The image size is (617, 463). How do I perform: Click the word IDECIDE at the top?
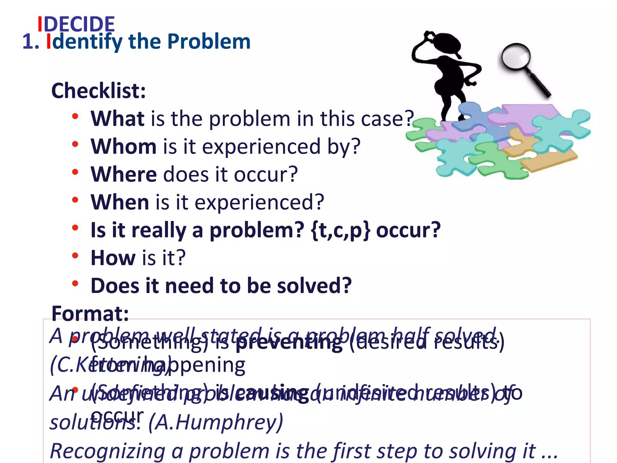point(76,24)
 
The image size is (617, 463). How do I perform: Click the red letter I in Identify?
point(49,42)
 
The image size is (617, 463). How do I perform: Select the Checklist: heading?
point(99,91)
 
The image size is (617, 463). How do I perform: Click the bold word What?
point(118,119)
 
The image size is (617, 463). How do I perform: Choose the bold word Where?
point(124,175)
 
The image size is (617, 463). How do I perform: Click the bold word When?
point(120,202)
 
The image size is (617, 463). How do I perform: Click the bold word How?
point(113,258)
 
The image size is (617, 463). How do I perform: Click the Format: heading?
point(90,313)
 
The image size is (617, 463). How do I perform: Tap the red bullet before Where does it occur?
point(75,172)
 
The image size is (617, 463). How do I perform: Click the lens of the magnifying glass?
point(516,57)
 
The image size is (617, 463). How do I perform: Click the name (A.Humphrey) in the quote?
point(216,423)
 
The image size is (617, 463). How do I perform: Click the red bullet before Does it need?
point(75,283)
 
